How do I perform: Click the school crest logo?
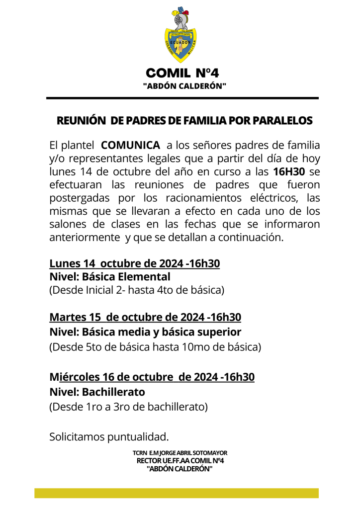click(x=180, y=34)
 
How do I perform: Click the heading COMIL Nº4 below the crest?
click(x=182, y=74)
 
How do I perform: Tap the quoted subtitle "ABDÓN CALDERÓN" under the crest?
click(x=184, y=86)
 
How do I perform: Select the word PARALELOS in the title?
click(x=283, y=121)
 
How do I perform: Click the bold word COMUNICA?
click(x=130, y=146)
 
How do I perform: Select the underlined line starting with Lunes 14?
click(x=134, y=263)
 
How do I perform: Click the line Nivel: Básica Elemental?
click(x=110, y=277)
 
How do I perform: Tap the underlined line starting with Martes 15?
click(x=145, y=317)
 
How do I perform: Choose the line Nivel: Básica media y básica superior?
click(x=145, y=332)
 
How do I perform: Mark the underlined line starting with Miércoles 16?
click(x=152, y=377)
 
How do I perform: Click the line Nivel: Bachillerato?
click(x=97, y=392)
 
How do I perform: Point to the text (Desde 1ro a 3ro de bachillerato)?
click(x=128, y=407)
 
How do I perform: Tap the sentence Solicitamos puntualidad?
click(x=109, y=437)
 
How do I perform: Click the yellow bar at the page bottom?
click(x=176, y=493)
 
